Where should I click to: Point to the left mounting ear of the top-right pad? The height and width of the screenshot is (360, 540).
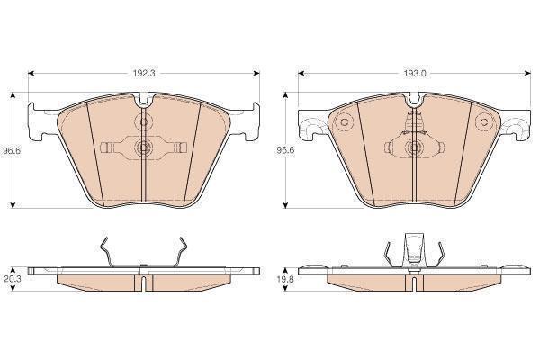pos(310,124)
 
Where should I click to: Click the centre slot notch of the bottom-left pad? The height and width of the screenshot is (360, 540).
pos(143,281)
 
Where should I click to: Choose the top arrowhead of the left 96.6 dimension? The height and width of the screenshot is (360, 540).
pos(12,94)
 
